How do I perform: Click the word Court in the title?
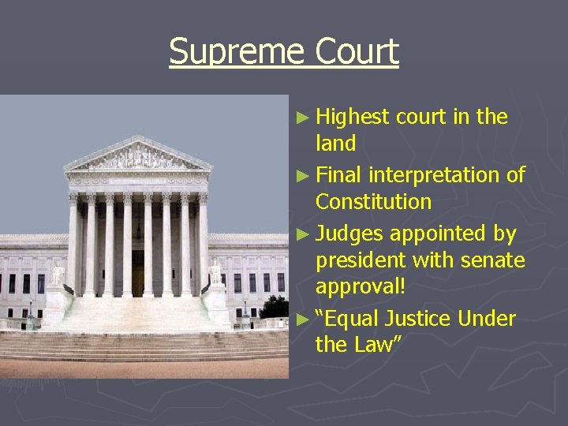pyautogui.click(x=357, y=52)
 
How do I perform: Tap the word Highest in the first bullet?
pyautogui.click(x=353, y=118)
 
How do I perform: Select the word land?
pyautogui.click(x=335, y=144)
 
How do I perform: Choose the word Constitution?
pyautogui.click(x=373, y=202)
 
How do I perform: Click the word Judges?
pyautogui.click(x=350, y=234)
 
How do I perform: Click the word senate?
pyautogui.click(x=490, y=260)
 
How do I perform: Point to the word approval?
pyautogui.click(x=361, y=286)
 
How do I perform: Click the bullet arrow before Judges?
pyautogui.click(x=304, y=234)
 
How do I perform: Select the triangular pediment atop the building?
pyautogui.click(x=138, y=156)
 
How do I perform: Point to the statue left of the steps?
pyautogui.click(x=57, y=274)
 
